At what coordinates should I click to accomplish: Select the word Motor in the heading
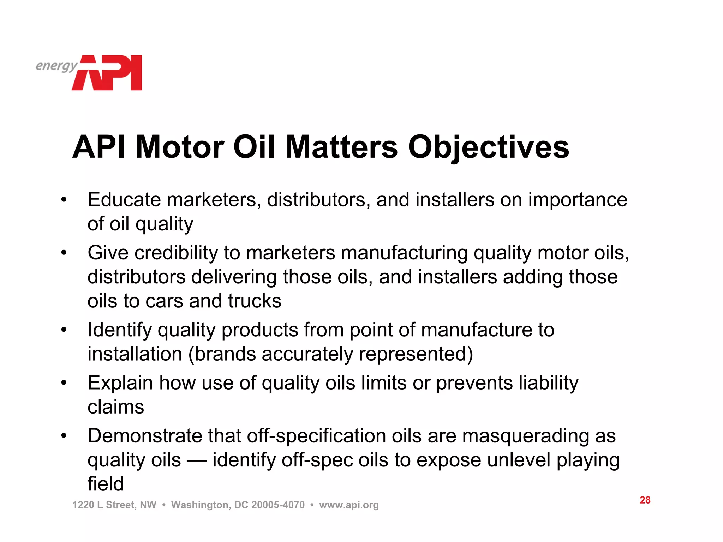point(179,147)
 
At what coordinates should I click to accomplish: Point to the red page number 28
point(645,500)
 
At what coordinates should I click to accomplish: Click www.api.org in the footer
point(349,505)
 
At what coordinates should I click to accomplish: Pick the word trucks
point(255,301)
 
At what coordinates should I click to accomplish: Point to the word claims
point(116,407)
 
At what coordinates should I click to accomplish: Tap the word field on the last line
point(106,484)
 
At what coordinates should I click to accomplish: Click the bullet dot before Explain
point(64,383)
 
